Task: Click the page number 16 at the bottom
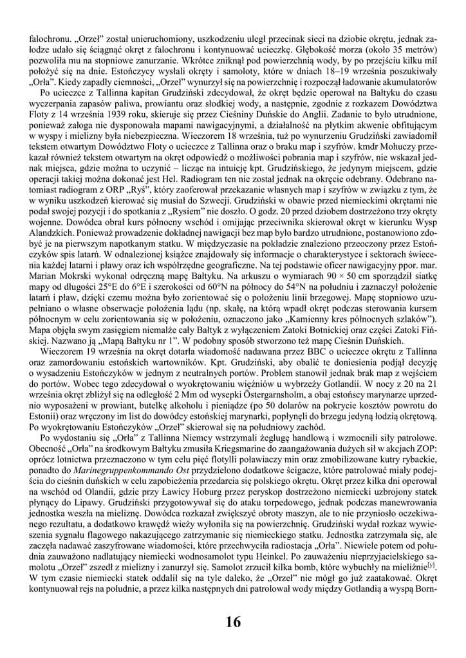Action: tap(233, 622)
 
